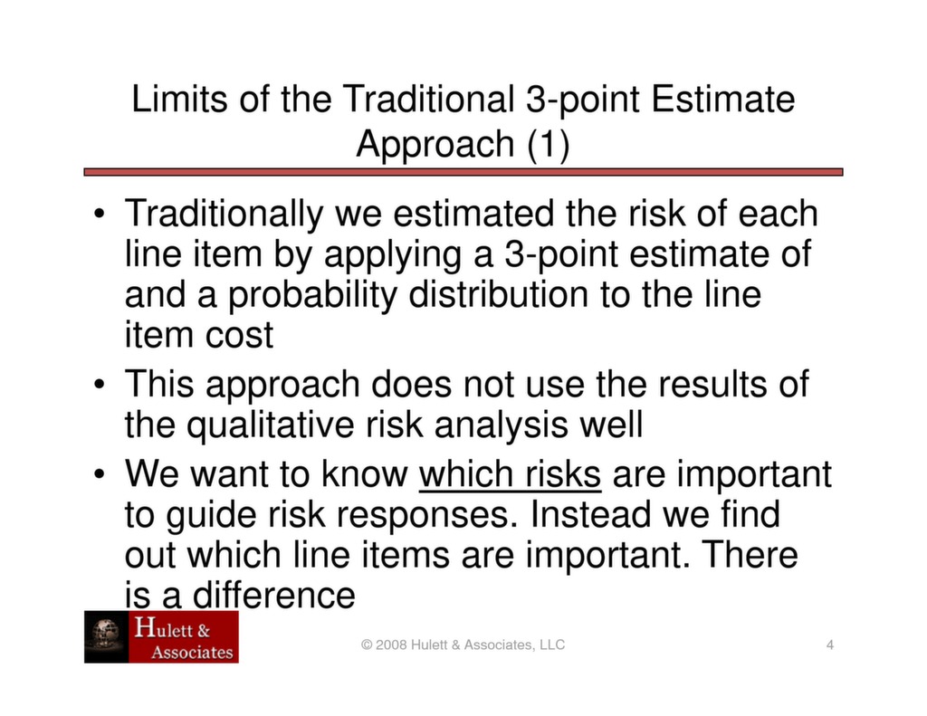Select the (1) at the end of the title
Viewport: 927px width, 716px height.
548,144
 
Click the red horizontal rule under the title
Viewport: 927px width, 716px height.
463,171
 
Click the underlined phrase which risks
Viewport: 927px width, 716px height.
511,473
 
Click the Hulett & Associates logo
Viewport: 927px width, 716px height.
161,636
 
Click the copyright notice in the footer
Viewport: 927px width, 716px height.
463,644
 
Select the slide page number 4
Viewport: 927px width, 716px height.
829,644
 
